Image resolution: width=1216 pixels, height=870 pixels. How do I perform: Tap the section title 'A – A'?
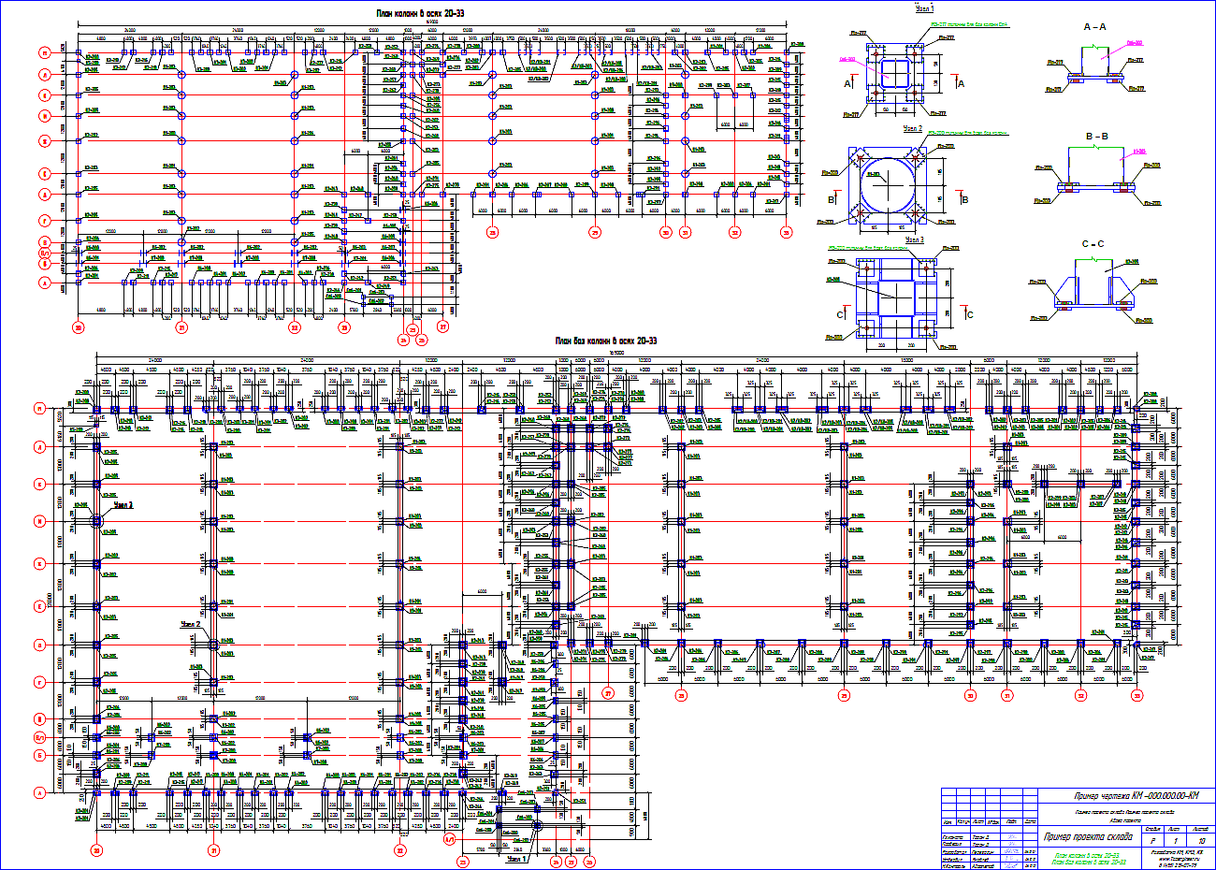(1094, 28)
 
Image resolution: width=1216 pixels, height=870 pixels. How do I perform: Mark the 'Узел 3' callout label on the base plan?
(123, 504)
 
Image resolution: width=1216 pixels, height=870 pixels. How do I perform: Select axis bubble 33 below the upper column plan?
(786, 232)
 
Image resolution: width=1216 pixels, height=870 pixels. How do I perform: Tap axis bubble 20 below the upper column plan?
(79, 327)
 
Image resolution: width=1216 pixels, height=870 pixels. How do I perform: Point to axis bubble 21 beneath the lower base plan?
(214, 850)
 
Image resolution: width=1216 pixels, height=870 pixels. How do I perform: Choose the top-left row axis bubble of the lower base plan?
(65, 409)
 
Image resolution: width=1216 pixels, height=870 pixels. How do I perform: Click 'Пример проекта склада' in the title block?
(1087, 836)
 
